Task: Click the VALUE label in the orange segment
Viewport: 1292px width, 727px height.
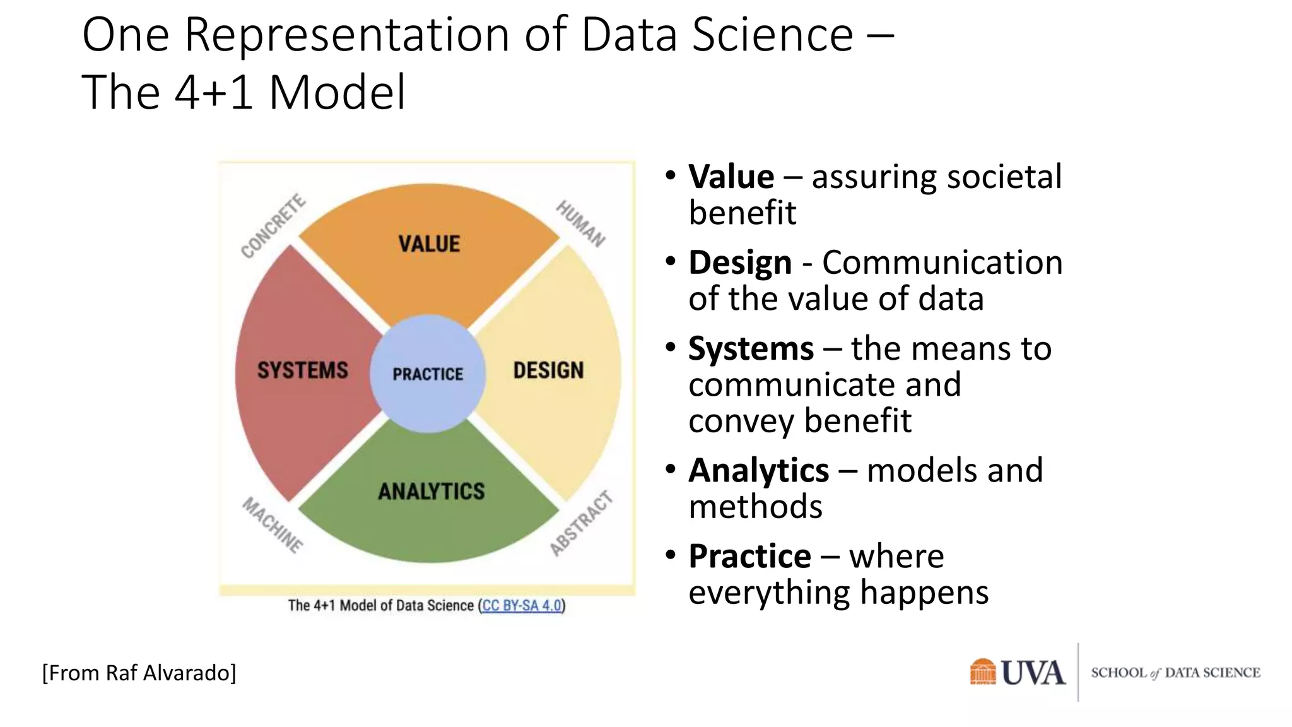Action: (429, 244)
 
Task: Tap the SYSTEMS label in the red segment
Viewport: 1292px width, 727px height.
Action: (302, 370)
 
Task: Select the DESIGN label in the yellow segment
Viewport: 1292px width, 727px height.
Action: (548, 370)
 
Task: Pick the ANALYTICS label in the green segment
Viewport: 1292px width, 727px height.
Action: (432, 491)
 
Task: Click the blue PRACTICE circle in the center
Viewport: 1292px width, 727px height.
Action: (428, 374)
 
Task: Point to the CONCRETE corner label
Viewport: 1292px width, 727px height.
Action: (273, 227)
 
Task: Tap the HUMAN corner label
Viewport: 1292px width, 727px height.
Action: (580, 223)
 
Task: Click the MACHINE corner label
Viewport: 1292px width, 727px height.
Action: (273, 525)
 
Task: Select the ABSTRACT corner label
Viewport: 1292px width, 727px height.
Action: (581, 523)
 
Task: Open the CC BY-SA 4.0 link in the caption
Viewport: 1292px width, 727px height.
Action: (522, 606)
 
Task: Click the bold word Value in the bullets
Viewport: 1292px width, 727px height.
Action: (731, 177)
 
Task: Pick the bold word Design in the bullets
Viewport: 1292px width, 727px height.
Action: (739, 263)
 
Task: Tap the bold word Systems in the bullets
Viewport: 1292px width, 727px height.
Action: (751, 348)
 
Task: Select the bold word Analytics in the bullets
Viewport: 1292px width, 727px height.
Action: (758, 471)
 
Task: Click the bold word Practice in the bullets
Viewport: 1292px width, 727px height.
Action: (749, 557)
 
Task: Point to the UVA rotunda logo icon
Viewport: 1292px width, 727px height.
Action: (982, 671)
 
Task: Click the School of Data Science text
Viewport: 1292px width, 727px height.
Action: (1175, 673)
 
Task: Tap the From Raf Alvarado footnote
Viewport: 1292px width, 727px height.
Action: (139, 673)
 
